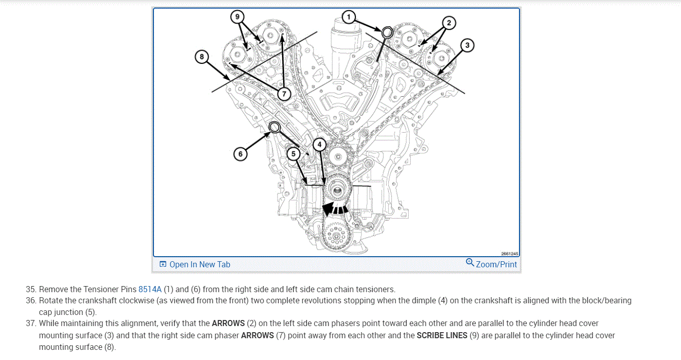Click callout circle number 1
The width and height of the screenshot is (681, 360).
tap(348, 17)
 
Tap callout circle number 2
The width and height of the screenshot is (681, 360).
tap(448, 23)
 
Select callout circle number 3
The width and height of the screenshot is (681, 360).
tap(467, 46)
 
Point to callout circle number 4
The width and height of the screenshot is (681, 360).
tap(318, 144)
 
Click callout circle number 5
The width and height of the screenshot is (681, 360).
tap(293, 153)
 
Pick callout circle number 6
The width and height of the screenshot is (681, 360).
tap(241, 153)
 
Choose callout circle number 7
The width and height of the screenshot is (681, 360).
tap(283, 94)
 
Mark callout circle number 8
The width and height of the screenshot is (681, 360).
tap(202, 57)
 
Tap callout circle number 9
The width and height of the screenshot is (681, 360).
tap(237, 17)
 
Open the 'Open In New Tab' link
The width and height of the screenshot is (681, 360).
tap(199, 264)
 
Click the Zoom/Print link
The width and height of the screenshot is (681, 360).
tap(496, 264)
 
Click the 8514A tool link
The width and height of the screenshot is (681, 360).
tap(150, 290)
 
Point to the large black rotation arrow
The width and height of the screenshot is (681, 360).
tap(335, 209)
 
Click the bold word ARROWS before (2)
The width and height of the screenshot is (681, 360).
tap(228, 323)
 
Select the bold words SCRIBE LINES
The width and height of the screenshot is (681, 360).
tap(442, 335)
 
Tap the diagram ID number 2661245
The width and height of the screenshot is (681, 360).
tap(510, 254)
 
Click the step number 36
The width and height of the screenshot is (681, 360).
tap(31, 301)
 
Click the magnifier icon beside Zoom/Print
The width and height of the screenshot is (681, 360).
tap(470, 262)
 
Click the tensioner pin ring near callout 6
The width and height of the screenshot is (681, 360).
tap(274, 127)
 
